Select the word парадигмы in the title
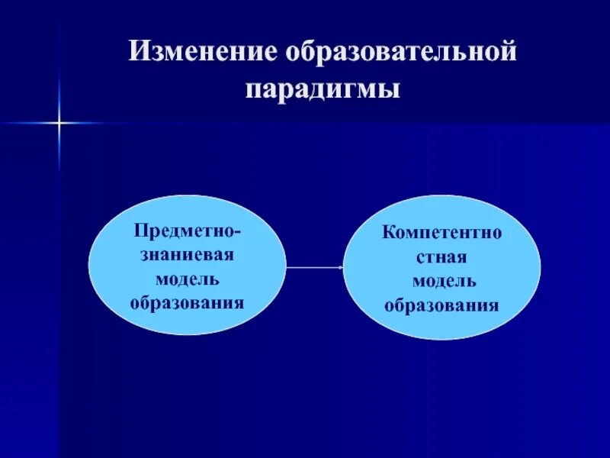(x=323, y=89)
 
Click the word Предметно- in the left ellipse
(x=187, y=230)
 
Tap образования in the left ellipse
(x=187, y=302)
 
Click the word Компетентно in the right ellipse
(x=442, y=232)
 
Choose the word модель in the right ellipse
(x=445, y=281)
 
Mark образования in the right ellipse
(x=441, y=306)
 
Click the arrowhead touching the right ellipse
(x=340, y=267)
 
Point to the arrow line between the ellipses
(x=313, y=267)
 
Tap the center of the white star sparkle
(x=58, y=122)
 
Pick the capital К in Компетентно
(x=389, y=232)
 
